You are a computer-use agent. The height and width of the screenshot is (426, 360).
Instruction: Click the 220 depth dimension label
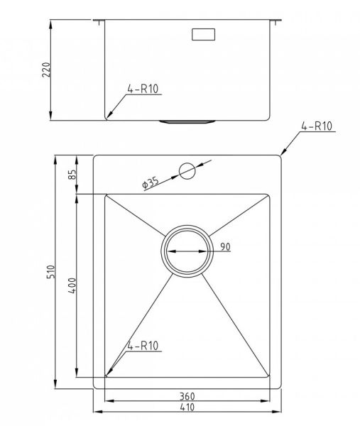click(x=46, y=70)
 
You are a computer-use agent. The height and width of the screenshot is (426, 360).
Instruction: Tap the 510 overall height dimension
click(x=51, y=272)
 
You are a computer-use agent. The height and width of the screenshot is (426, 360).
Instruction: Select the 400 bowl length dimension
click(x=72, y=285)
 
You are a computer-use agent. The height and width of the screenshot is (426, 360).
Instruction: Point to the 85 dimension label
click(x=72, y=175)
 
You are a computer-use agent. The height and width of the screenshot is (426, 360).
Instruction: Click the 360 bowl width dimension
click(x=187, y=396)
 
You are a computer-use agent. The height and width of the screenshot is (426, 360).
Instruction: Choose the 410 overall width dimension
click(x=187, y=407)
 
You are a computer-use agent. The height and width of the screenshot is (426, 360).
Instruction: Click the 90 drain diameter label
click(x=225, y=246)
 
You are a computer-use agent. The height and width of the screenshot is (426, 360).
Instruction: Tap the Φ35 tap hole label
click(x=151, y=182)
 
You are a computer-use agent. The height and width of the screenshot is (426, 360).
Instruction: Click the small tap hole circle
click(x=187, y=171)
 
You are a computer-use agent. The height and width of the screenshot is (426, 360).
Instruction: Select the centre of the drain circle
click(x=187, y=251)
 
